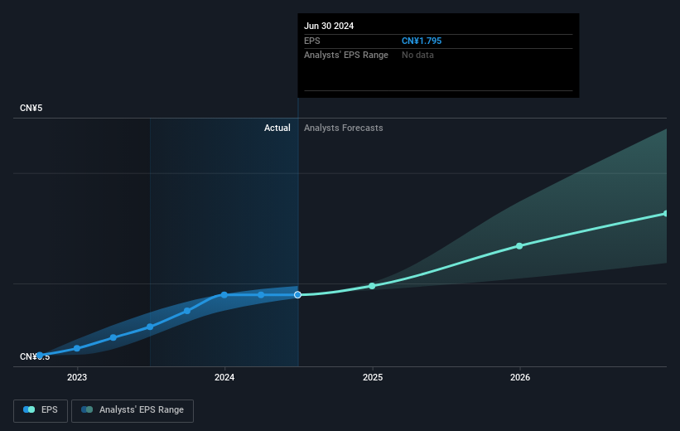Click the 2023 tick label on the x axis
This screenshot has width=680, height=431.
click(x=77, y=378)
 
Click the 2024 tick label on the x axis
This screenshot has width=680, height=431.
click(x=224, y=378)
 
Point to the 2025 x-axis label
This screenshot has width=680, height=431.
click(x=373, y=378)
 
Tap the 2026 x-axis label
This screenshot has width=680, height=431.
click(x=520, y=378)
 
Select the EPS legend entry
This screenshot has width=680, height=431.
click(x=41, y=410)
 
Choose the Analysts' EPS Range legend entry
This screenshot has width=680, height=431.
click(x=133, y=410)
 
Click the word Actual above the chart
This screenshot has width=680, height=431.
click(x=277, y=128)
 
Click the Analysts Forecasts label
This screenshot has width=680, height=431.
click(x=344, y=128)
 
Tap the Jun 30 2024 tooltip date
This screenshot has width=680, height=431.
click(x=329, y=26)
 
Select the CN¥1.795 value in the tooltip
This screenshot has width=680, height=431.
click(x=427, y=41)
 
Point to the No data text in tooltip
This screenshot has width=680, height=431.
click(x=417, y=55)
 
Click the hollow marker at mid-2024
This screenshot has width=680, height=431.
click(x=298, y=295)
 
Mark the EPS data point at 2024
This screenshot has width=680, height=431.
click(x=224, y=295)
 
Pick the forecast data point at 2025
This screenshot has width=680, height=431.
click(x=372, y=286)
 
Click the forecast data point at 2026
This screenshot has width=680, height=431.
click(x=519, y=246)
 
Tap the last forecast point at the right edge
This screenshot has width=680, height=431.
click(x=666, y=214)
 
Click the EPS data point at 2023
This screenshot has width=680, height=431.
click(x=77, y=348)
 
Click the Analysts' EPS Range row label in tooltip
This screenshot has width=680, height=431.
click(x=346, y=55)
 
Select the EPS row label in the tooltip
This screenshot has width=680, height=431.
click(x=311, y=41)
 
